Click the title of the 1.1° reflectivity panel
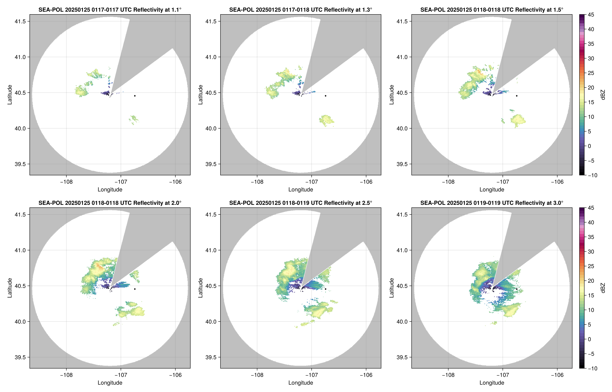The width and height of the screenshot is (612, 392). (110, 10)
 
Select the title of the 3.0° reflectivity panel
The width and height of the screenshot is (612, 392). (492, 203)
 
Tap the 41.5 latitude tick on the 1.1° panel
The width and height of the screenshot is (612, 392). (20, 21)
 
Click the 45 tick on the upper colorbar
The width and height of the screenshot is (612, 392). (591, 15)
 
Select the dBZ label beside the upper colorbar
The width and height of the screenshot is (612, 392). (603, 95)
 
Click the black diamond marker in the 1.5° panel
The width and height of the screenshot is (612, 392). (517, 96)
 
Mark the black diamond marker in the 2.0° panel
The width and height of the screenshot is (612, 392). (135, 289)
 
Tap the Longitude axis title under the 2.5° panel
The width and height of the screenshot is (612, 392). (301, 383)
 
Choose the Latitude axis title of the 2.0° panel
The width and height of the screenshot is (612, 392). (10, 288)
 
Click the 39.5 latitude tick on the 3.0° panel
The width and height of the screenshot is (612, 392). (402, 357)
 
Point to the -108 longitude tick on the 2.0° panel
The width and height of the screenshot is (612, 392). (66, 375)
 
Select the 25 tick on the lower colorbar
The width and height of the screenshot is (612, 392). (591, 266)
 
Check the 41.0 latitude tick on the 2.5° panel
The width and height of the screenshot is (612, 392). (211, 250)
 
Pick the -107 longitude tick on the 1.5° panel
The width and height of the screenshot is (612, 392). (503, 182)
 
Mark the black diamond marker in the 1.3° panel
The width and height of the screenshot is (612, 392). (325, 96)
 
